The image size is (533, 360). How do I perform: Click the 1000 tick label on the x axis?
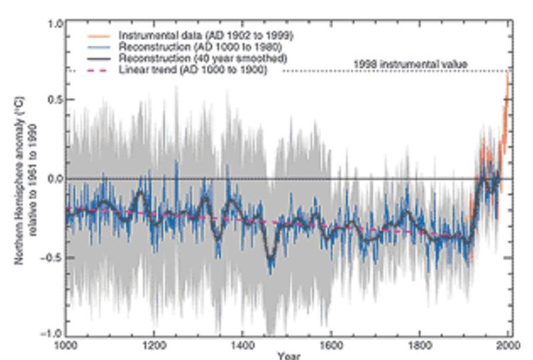click(66, 345)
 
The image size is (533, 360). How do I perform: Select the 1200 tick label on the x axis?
click(155, 345)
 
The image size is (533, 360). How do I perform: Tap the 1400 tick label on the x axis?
click(243, 345)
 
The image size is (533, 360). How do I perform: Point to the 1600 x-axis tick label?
click(332, 345)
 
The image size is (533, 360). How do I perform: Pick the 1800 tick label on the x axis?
click(420, 345)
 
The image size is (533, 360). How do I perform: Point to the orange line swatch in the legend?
click(99, 35)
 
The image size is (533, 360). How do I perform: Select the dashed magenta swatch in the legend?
click(99, 70)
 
